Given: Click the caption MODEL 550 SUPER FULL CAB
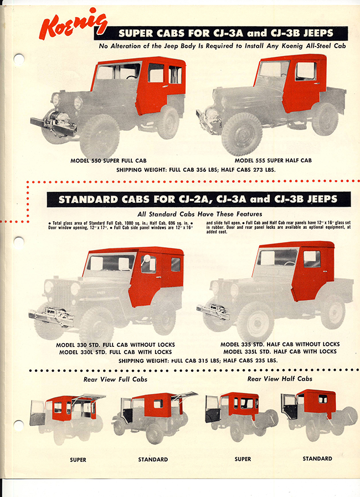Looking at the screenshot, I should (105, 160).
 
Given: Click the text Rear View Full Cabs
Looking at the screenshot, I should (115, 379).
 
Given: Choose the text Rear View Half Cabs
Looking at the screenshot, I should (279, 378).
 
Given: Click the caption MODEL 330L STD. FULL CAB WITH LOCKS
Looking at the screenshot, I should (114, 352).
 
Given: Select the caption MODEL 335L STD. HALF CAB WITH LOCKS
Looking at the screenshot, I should (278, 352).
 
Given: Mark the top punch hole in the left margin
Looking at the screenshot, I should (18, 59).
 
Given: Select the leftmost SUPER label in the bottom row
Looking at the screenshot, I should (78, 459).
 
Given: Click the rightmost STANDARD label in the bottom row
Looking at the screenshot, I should (317, 459).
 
